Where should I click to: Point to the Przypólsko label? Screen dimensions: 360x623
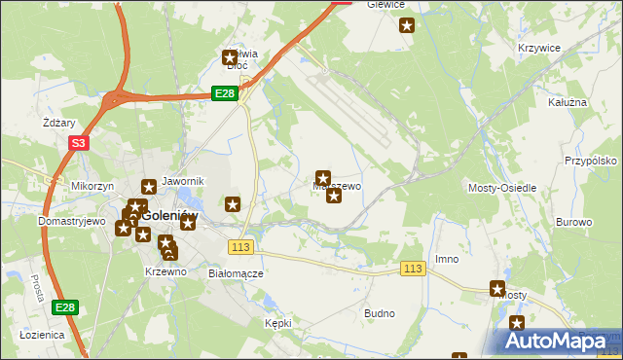592,161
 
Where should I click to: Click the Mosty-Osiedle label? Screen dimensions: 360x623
502,187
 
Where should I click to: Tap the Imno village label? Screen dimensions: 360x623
447,259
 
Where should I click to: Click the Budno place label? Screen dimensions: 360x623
379,313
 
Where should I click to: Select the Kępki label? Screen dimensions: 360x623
278,321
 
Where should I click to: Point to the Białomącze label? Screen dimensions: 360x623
237,273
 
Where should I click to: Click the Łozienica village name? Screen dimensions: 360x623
42,334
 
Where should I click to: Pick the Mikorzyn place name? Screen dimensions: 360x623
92,185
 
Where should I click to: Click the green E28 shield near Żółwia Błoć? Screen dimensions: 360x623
225,92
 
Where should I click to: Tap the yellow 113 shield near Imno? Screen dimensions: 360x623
413,269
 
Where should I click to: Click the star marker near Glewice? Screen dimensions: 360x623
407,26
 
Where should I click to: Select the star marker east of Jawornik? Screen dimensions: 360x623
233,203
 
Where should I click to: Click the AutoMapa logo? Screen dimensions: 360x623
559,341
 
